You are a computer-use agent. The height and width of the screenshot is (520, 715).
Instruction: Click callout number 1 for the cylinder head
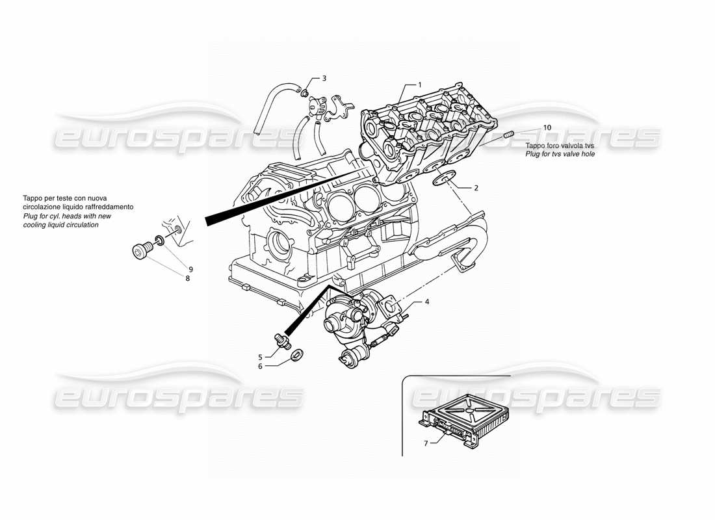(420, 84)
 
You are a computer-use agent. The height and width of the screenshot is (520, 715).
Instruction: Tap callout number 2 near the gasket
(476, 188)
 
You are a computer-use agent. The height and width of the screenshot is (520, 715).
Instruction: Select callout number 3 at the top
(324, 79)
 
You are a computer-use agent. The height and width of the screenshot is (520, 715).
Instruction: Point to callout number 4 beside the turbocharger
(427, 302)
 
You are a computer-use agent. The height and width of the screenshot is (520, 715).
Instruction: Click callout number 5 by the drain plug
(261, 356)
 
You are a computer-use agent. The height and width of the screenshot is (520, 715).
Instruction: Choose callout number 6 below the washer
(261, 367)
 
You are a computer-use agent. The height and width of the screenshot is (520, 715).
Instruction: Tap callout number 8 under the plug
(187, 278)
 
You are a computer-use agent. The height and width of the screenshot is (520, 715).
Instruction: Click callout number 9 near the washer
(191, 269)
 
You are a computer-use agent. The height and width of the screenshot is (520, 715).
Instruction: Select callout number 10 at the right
(547, 127)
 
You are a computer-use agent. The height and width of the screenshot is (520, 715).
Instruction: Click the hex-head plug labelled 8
(140, 250)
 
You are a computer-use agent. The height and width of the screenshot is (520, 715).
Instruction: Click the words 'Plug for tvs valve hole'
(560, 154)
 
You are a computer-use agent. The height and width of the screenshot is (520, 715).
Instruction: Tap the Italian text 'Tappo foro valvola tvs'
(560, 146)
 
